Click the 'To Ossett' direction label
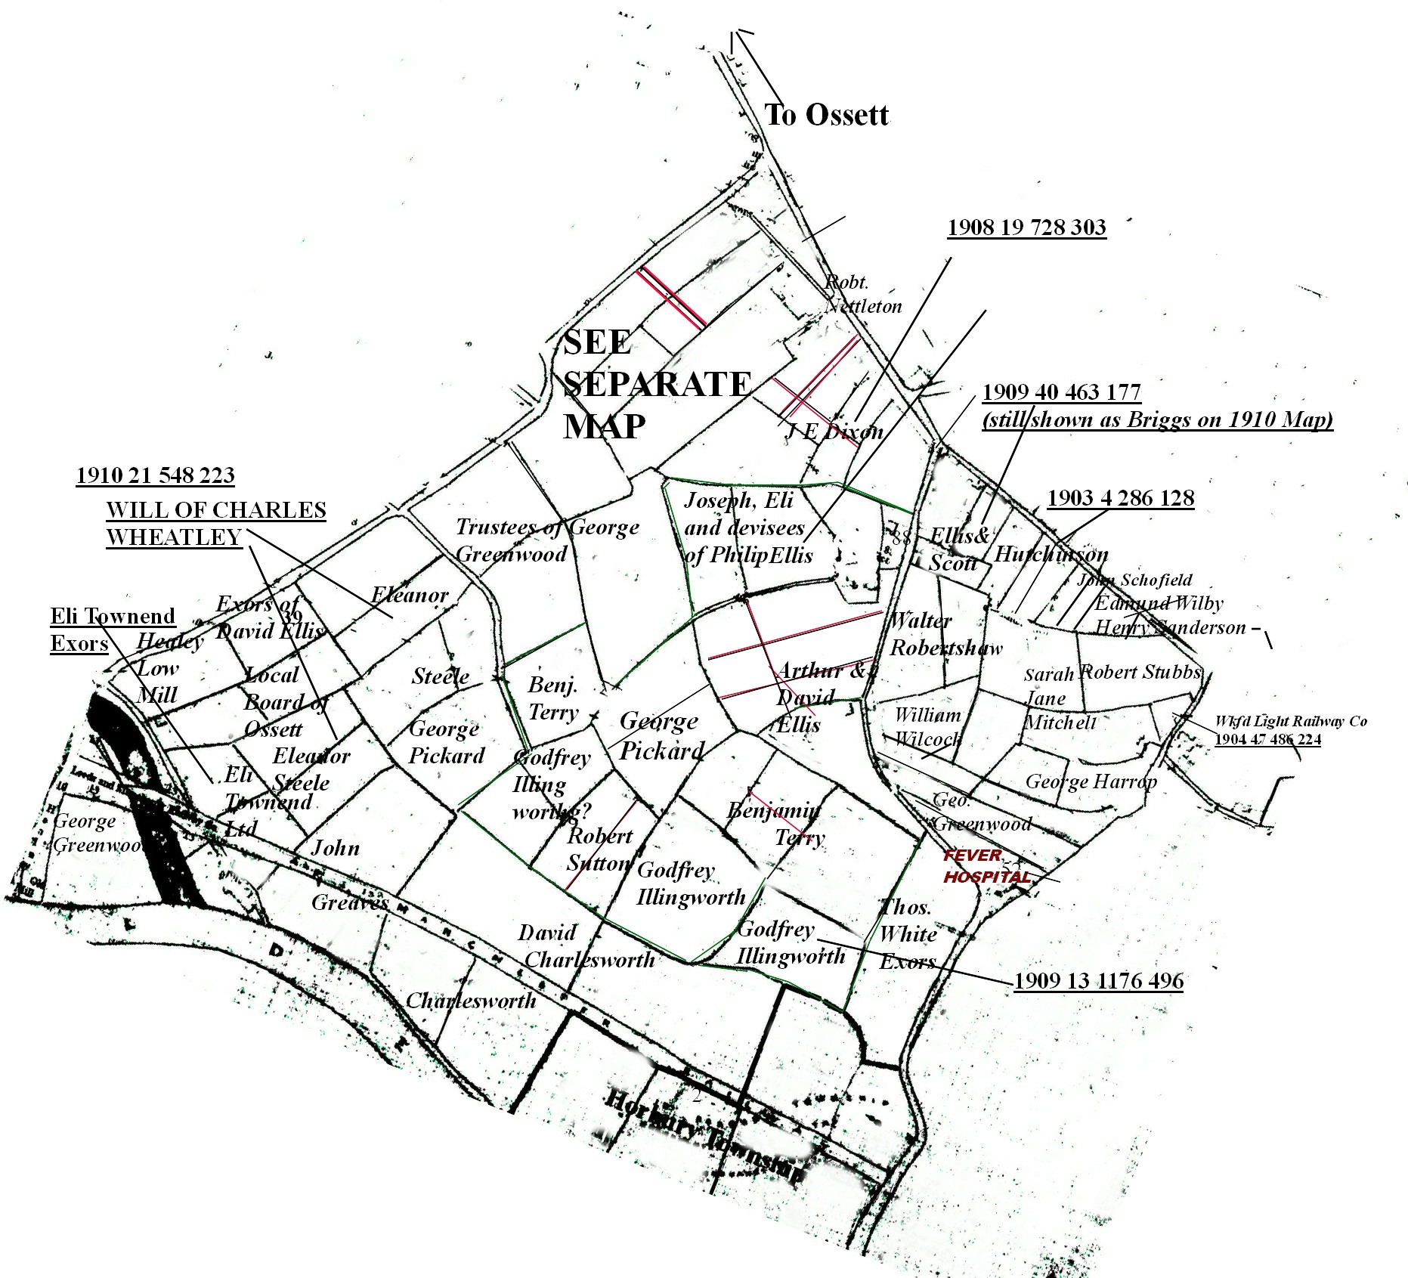tap(826, 115)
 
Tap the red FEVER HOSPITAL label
tap(986, 866)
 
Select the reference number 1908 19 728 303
tap(1026, 227)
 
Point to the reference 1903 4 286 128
tap(1120, 498)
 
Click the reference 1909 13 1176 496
tap(1098, 981)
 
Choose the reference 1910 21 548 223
tap(155, 475)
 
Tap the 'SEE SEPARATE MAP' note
tap(654, 384)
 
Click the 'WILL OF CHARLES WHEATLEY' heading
tap(215, 523)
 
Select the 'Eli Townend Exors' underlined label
tap(112, 629)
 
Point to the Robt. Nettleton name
tap(862, 294)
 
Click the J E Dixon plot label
tap(834, 432)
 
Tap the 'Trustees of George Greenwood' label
tap(546, 540)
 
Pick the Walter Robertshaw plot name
tap(945, 634)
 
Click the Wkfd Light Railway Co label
tap(1290, 721)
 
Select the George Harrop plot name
tap(1091, 781)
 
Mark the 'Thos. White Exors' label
tap(908, 934)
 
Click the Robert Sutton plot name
tap(599, 849)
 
